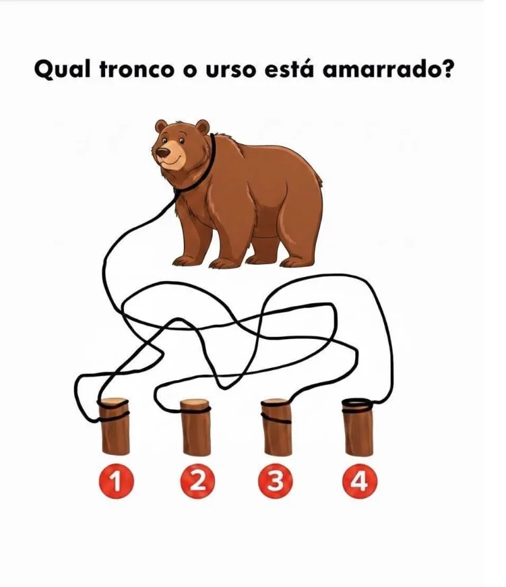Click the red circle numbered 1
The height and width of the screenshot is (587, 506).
[115, 483]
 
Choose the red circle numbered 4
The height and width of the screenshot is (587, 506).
[358, 483]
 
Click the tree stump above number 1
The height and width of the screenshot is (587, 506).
[115, 431]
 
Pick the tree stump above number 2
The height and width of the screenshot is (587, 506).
[195, 431]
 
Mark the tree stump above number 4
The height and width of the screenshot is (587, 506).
[358, 431]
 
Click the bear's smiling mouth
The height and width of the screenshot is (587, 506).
[171, 162]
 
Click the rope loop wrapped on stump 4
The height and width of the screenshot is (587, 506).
[358, 404]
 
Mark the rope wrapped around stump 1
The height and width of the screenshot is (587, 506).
[115, 412]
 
